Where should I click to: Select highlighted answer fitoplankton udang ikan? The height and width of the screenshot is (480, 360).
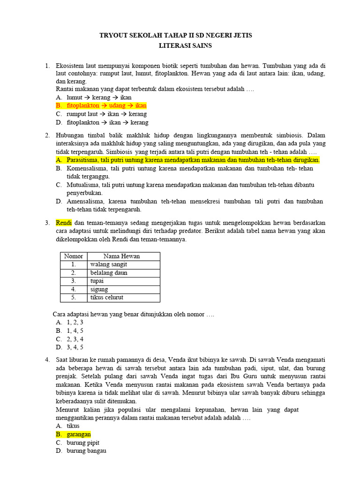pyautogui.click(x=106, y=105)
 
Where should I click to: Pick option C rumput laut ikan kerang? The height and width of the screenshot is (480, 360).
pyautogui.click(x=106, y=114)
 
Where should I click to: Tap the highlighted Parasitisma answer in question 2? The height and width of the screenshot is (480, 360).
pyautogui.click(x=193, y=160)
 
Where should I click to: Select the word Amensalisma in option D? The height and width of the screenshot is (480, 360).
pyautogui.click(x=86, y=201)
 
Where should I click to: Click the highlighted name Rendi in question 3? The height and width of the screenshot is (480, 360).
pyautogui.click(x=63, y=223)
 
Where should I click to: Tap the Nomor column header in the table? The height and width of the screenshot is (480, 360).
pyautogui.click(x=73, y=256)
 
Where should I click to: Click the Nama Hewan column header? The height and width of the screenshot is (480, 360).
pyautogui.click(x=121, y=256)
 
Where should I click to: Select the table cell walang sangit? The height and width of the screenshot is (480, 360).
pyautogui.click(x=108, y=264)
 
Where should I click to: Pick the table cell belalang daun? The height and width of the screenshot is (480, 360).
pyautogui.click(x=109, y=273)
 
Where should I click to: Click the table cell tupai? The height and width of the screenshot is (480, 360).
pyautogui.click(x=97, y=281)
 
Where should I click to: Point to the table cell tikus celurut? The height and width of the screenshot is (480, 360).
pyautogui.click(x=106, y=298)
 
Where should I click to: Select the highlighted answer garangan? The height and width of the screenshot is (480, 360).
pyautogui.click(x=78, y=435)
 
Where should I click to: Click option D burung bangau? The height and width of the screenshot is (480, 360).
pyautogui.click(x=86, y=451)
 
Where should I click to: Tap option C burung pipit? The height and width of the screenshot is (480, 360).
pyautogui.click(x=83, y=442)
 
